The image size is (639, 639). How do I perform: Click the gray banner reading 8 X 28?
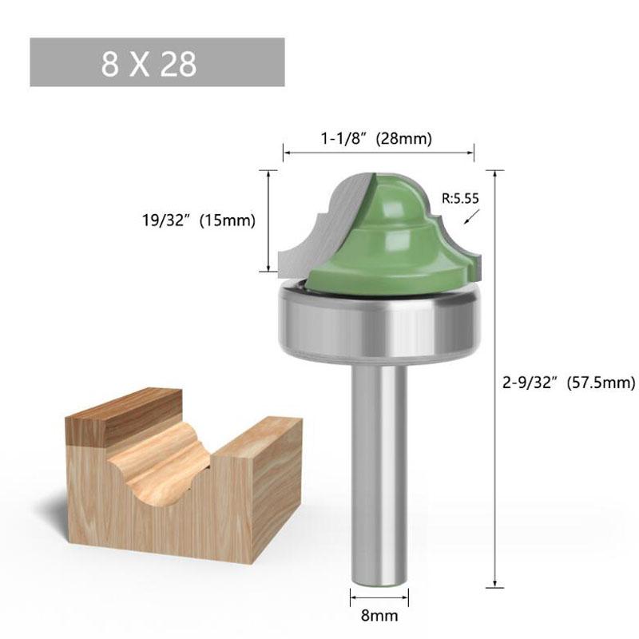[x=157, y=62]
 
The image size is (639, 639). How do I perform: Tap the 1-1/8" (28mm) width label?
[x=376, y=138]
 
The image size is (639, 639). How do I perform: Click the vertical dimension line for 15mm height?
[x=268, y=221]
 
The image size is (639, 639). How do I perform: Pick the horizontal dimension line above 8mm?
[x=379, y=595]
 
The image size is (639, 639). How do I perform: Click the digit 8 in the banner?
[x=109, y=63]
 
